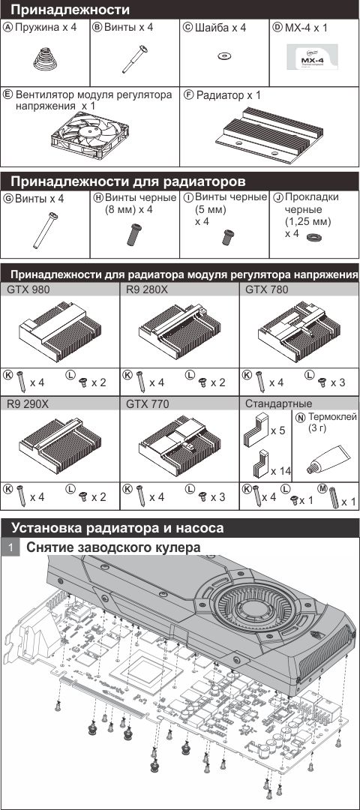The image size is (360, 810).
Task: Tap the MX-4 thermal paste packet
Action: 313,57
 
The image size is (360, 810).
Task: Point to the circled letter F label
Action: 188,95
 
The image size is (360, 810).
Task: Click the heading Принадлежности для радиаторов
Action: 128,181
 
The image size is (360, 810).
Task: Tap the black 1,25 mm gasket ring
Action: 311,236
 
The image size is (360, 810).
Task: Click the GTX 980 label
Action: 28,289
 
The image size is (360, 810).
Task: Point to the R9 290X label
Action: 28,403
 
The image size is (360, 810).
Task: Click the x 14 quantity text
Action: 280,470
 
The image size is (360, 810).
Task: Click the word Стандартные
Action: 279,403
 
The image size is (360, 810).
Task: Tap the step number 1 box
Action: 9,547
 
